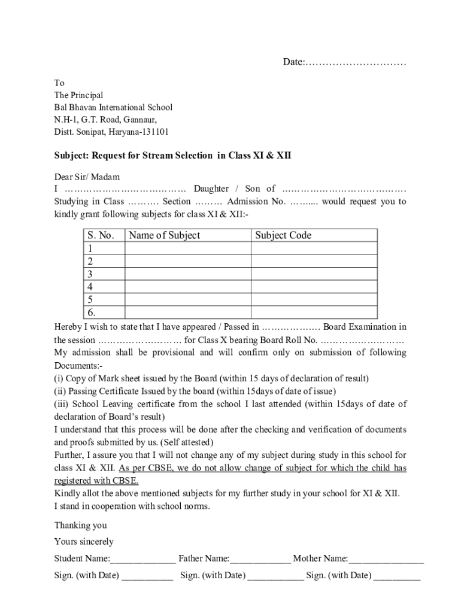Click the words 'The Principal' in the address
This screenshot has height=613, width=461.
coord(78,95)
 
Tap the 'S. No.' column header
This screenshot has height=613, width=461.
coord(101,235)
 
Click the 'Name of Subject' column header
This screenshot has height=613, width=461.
coord(164,235)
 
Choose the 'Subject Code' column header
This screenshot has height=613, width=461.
coord(283,235)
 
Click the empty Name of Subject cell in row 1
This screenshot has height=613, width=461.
coord(187,248)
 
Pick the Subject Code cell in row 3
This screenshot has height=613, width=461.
coord(314,274)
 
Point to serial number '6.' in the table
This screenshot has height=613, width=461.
coord(92,312)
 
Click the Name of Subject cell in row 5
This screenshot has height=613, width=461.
coord(187,299)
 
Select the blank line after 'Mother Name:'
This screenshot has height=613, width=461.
coord(386,559)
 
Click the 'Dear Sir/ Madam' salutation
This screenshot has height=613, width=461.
coord(87,177)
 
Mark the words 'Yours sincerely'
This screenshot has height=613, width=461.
coord(84,542)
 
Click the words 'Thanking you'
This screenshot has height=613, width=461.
coord(81,526)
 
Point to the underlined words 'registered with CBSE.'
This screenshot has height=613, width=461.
coord(96,481)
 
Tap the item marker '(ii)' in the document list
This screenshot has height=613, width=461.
coord(60,392)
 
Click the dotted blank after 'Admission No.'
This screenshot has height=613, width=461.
coord(304,202)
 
